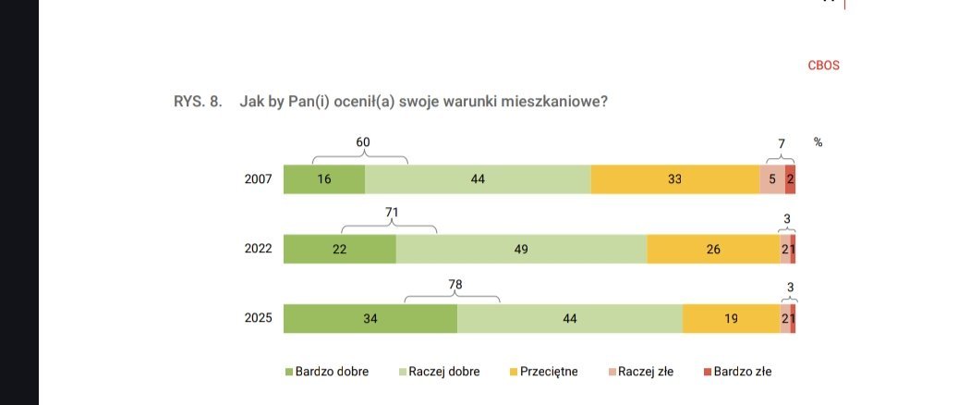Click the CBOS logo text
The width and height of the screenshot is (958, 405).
822,66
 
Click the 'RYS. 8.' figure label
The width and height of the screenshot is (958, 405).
197,102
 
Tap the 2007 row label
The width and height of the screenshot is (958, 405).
258,179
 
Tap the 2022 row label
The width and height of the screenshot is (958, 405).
258,249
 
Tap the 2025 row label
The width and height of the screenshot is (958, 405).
258,318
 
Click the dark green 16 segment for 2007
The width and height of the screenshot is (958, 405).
323,179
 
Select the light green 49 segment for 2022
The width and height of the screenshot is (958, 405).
521,249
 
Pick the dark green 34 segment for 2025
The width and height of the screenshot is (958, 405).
370,318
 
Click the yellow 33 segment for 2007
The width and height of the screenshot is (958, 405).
674,179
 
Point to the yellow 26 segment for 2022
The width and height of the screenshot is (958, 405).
712,249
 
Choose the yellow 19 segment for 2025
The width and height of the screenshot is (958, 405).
731,318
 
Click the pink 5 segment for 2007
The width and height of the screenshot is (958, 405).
772,179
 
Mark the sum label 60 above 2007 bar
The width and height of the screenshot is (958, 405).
363,142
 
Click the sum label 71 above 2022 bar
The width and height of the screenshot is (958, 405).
392,212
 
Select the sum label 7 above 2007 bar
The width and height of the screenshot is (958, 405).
781,142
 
